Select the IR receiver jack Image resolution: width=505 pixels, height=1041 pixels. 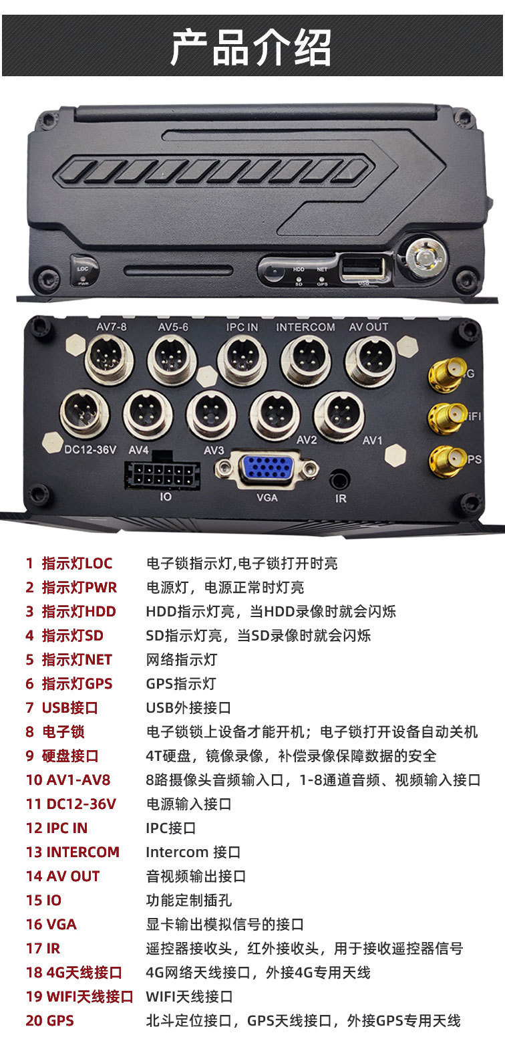coord(340,479)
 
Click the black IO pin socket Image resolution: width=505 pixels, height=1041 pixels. coord(162,474)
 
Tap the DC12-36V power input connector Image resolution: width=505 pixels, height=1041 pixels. coord(84,414)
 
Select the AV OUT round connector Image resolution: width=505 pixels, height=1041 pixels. coord(370,361)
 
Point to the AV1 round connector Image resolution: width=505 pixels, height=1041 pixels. coord(339,416)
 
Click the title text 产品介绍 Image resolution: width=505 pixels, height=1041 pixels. coord(251,47)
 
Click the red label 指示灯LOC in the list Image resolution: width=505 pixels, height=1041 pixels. coord(77,563)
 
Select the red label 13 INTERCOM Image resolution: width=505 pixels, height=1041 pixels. coord(73,852)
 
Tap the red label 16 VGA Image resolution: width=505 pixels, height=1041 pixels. coord(51,924)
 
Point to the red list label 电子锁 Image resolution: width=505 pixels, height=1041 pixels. coord(63,731)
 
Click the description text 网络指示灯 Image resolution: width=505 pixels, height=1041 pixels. coord(182,659)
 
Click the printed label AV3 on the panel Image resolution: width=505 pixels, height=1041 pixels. coord(214,451)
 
